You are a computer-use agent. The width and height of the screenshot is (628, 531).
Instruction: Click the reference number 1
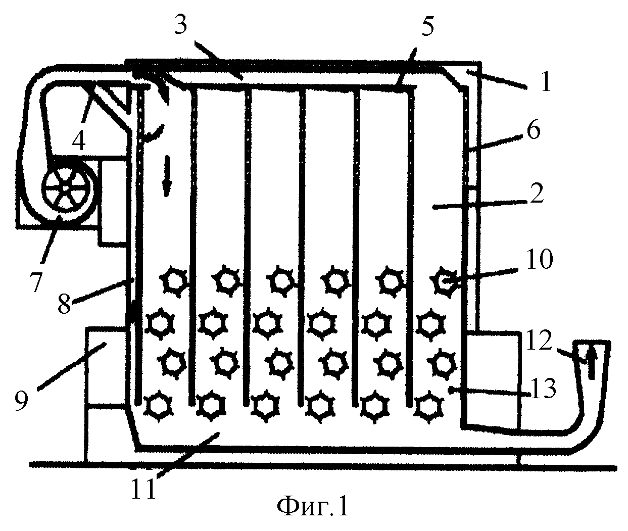pyautogui.click(x=546, y=82)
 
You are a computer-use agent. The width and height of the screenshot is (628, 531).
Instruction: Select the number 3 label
pyautogui.click(x=181, y=25)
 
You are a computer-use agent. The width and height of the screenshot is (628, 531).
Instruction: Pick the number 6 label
pyautogui.click(x=534, y=130)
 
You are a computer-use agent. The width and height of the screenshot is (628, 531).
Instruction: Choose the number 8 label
pyautogui.click(x=65, y=304)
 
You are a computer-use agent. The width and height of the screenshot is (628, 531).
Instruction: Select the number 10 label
pyautogui.click(x=540, y=259)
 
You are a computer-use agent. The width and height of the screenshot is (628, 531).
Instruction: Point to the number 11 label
pyautogui.click(x=143, y=489)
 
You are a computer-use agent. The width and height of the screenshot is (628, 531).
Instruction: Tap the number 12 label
pyautogui.click(x=539, y=341)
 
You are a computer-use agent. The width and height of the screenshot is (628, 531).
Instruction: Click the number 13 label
pyautogui.click(x=543, y=389)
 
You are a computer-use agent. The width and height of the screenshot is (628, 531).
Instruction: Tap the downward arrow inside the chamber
pyautogui.click(x=167, y=176)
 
